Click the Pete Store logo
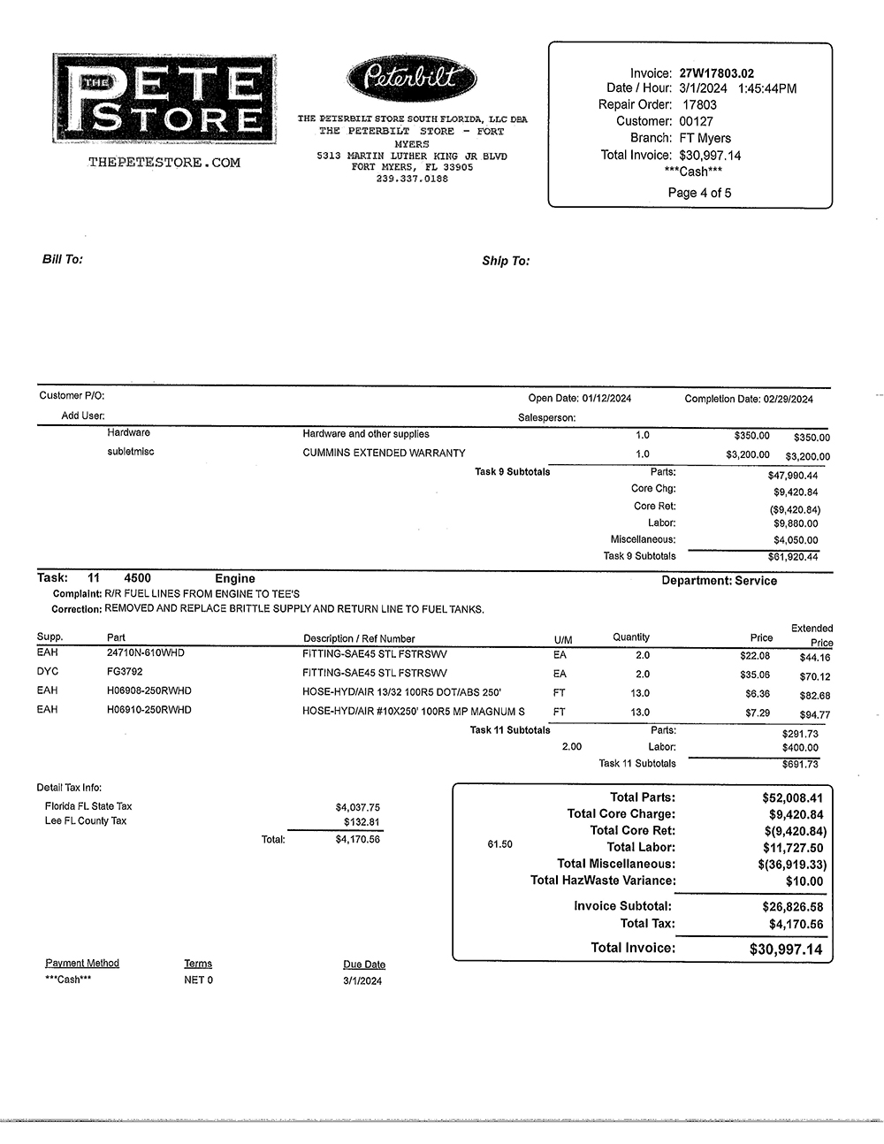coord(164,98)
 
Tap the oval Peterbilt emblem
coord(412,79)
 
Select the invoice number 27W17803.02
coord(716,73)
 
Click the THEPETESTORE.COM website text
coord(164,163)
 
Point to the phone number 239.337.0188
coord(412,179)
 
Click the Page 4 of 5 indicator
coord(699,193)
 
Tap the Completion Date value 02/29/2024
coord(788,400)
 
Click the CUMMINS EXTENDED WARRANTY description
coord(384,453)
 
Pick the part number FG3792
coord(125,672)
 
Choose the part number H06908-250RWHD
coord(149,690)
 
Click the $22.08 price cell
coord(754,656)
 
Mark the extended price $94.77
coord(814,715)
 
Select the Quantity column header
coord(631,637)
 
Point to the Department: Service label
coord(719,581)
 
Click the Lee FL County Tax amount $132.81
coord(362,822)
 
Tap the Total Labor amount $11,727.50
coord(792,848)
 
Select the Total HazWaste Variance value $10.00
coord(804,881)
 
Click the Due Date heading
coord(364,965)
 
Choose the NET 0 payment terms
coord(198,980)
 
